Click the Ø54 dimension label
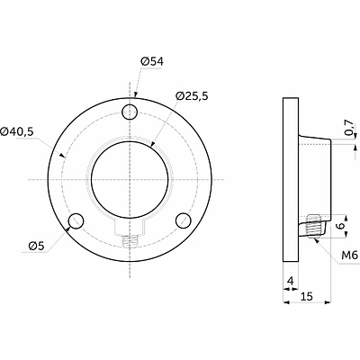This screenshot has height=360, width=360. [x=152, y=62]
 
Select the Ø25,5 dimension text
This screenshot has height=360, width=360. [x=192, y=96]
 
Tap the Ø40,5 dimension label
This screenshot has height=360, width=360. [x=17, y=131]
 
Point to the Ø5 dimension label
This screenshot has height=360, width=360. [x=36, y=246]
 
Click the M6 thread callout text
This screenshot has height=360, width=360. [x=350, y=256]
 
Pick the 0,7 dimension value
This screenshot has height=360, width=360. [x=349, y=128]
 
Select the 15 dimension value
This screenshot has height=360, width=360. [x=307, y=296]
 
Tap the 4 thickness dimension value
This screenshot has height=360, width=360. [x=290, y=281]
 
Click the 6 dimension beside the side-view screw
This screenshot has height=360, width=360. [x=340, y=226]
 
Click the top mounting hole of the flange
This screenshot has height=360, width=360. [x=130, y=112]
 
